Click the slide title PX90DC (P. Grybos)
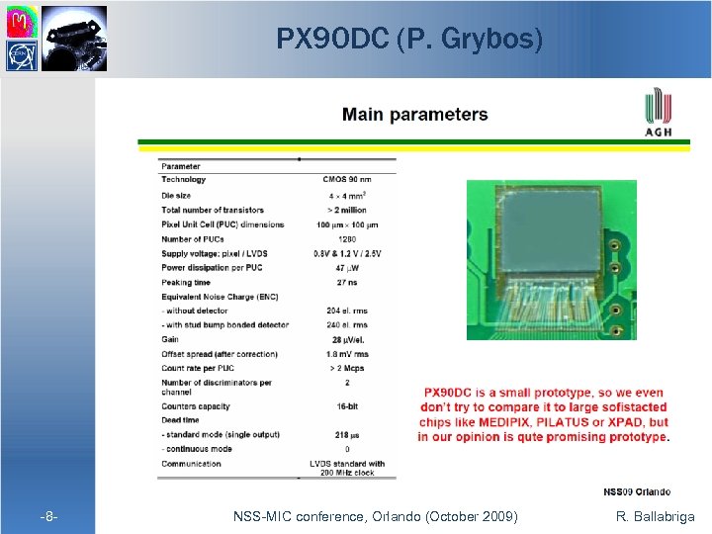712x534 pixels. [409, 40]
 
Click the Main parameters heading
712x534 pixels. [414, 114]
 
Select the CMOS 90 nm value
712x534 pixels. [346, 180]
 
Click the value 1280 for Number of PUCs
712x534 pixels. [346, 238]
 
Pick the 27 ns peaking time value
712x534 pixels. [346, 282]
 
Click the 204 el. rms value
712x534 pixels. [346, 311]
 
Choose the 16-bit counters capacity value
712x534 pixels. [346, 406]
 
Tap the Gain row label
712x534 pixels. [170, 339]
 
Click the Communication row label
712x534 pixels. [191, 463]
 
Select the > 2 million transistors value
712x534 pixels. [346, 210]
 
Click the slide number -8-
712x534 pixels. [48, 517]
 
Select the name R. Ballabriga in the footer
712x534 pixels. [655, 516]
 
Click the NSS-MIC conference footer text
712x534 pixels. [375, 516]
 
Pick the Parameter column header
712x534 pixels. [181, 166]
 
